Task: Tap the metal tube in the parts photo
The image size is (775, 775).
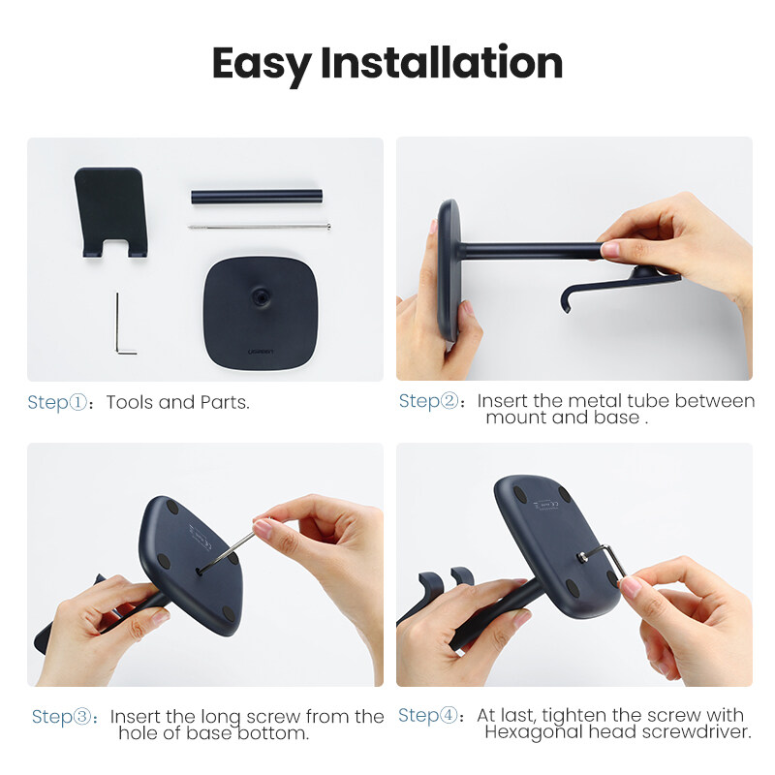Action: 257,197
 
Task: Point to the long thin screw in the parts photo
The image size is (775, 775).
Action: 260,227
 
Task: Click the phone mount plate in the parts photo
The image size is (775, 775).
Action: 111,210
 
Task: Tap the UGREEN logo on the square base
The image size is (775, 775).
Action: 261,352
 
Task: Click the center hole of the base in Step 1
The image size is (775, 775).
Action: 261,296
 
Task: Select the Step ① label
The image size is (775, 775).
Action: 57,403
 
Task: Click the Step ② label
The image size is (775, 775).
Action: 428,401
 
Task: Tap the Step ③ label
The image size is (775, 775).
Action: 62,717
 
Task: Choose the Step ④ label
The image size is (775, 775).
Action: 428,716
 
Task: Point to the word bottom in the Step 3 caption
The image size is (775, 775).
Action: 273,733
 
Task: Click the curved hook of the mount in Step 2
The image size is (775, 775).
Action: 569,298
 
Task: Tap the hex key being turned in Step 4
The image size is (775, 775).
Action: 610,559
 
